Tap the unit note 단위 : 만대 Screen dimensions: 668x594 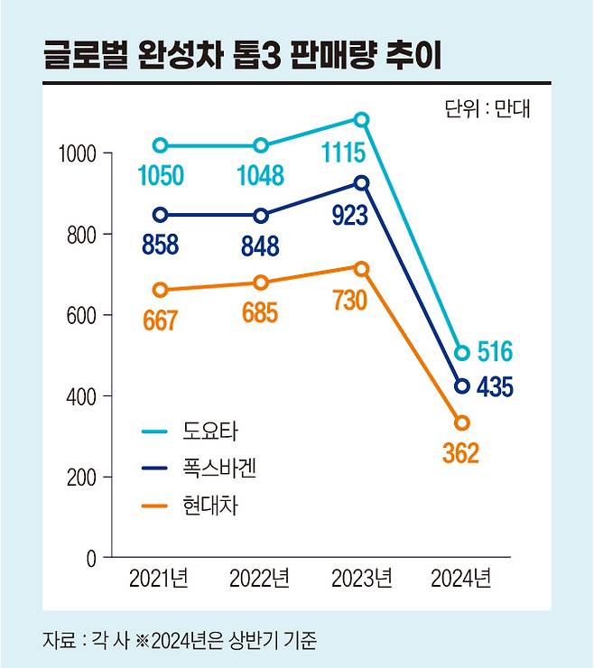pos(488,110)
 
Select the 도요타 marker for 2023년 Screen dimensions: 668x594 pos(361,120)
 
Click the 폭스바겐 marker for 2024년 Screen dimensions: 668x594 pos(462,386)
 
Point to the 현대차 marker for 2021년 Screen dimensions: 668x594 pos(160,290)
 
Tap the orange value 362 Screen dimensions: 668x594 pos(460,452)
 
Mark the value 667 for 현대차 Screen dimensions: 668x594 pos(160,321)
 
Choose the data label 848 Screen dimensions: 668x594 pos(260,246)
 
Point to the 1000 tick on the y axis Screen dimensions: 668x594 pos(78,154)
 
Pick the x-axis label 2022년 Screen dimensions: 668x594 pos(259,578)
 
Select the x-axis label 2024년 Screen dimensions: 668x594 pos(461,578)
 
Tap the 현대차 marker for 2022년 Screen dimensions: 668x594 pos(261,283)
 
